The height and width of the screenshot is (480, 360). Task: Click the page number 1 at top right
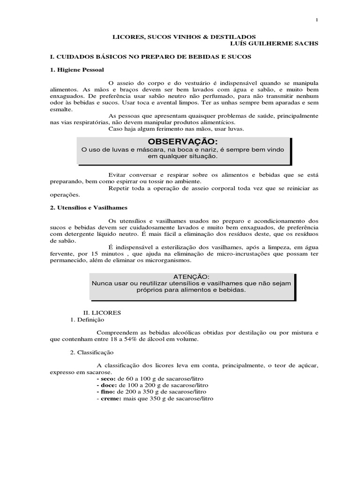[x=317, y=20]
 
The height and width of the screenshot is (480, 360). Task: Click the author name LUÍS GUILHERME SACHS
[x=277, y=44]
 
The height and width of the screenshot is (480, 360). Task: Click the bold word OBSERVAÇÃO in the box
[x=183, y=142]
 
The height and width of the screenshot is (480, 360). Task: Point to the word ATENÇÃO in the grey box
[x=192, y=277]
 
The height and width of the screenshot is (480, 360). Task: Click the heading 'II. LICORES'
[x=99, y=312]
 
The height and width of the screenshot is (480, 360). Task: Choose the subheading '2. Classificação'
[x=91, y=352]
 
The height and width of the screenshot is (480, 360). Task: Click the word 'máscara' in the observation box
[x=145, y=150]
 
